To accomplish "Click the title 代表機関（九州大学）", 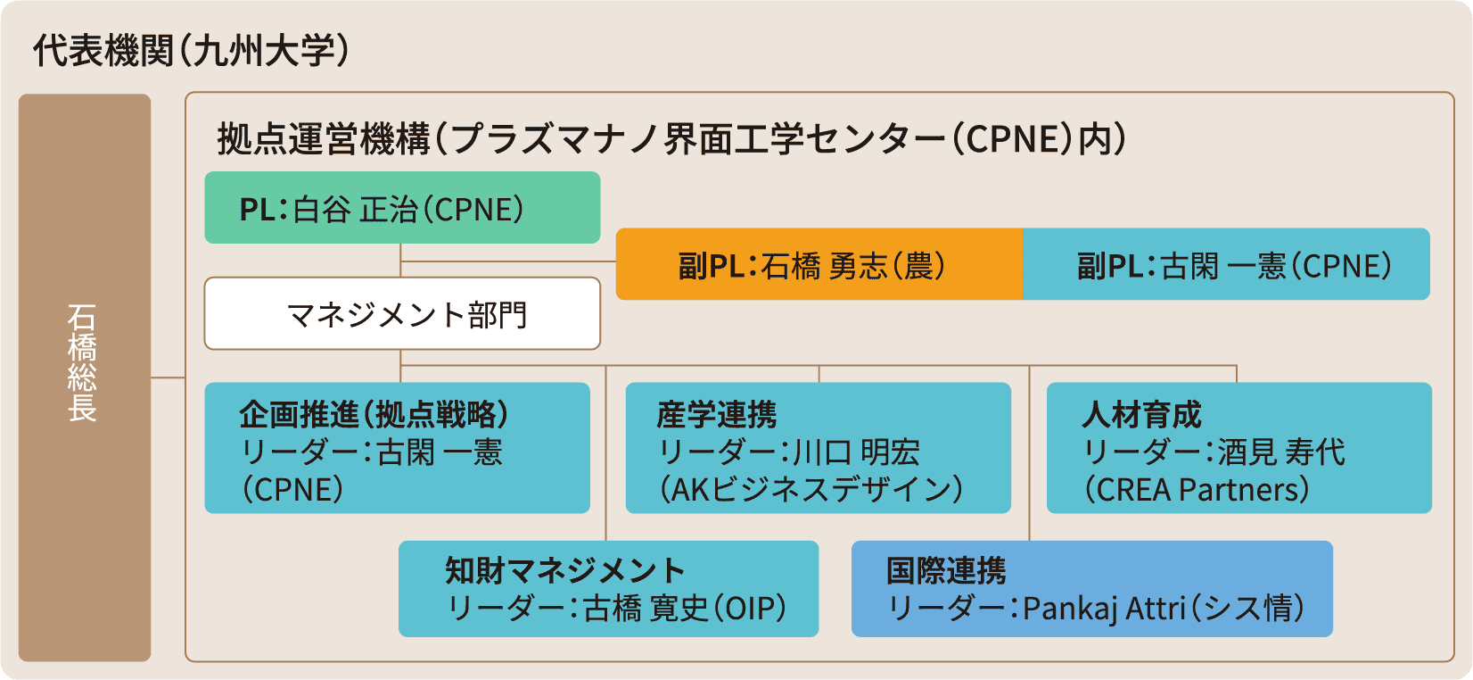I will tap(191, 51).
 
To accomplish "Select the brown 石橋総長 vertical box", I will tap(84, 377).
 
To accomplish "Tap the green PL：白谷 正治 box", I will tap(401, 208).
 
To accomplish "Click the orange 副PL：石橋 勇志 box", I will tap(819, 265).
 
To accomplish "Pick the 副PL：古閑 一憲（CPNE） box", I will tap(1226, 265).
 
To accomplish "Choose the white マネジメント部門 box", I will tap(402, 314).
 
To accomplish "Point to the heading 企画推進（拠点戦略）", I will tap(374, 415).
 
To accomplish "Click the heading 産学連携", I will tap(717, 415).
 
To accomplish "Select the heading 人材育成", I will tap(1141, 415).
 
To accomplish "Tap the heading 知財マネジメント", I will tap(564, 570).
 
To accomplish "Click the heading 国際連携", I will tap(946, 570).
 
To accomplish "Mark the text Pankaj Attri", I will tap(1104, 609).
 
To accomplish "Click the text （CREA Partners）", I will tap(1197, 490).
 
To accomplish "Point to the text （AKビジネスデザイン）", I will tap(811, 490).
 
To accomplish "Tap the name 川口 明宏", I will tap(856, 452).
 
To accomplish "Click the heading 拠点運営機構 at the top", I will tap(324, 140).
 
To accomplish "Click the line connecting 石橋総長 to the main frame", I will tap(168, 377).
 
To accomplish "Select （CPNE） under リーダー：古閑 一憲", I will tap(293, 490).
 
